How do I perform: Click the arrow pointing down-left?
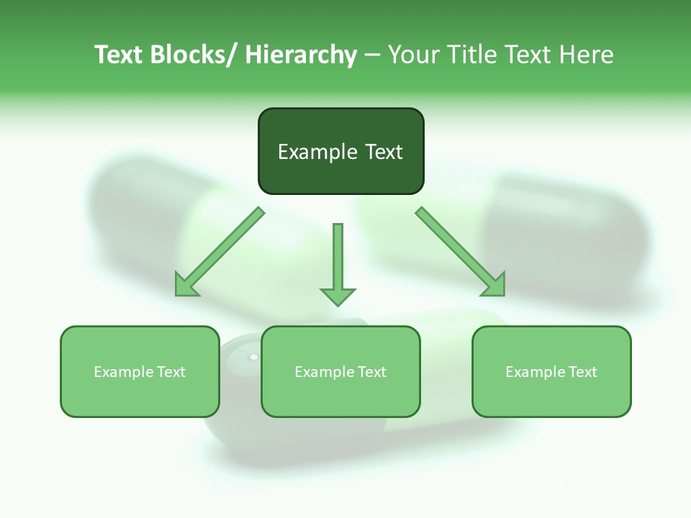click(x=220, y=252)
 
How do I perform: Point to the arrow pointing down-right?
click(x=461, y=252)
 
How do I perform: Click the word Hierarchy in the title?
click(x=301, y=55)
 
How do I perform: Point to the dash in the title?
click(x=372, y=55)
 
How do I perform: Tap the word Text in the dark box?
click(x=383, y=152)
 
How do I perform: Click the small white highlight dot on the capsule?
click(x=253, y=357)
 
